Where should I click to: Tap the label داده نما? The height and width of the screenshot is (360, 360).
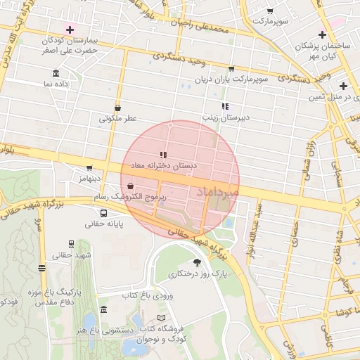(58, 84)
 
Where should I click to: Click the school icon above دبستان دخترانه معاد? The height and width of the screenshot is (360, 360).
(162, 155)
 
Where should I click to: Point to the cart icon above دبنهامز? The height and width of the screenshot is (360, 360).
(89, 168)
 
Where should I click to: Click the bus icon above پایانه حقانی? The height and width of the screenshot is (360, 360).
(104, 213)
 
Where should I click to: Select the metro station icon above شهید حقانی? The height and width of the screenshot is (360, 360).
(71, 243)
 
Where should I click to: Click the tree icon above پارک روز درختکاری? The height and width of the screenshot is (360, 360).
(196, 262)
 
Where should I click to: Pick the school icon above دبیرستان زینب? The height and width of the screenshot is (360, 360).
(224, 106)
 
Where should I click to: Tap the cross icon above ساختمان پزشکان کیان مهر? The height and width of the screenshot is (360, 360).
(322, 34)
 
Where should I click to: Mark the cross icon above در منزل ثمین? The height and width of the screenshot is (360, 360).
(342, 85)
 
